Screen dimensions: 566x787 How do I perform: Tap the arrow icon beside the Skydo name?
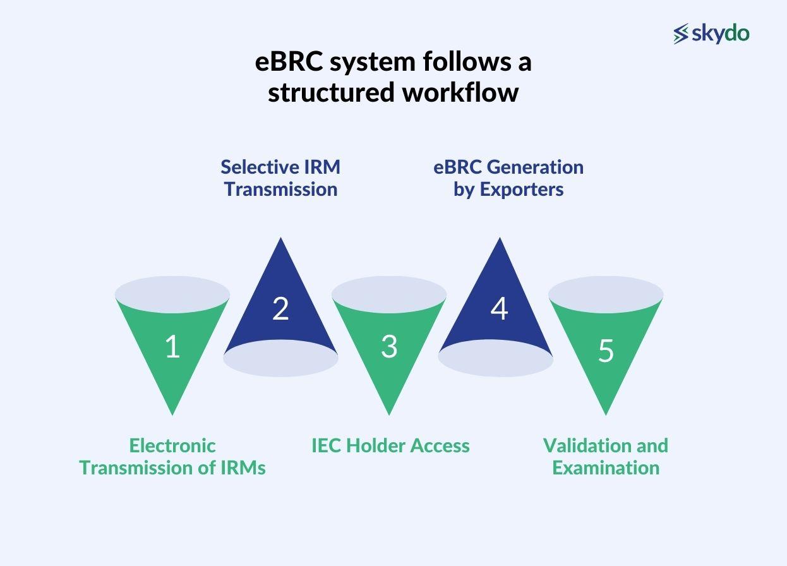681,34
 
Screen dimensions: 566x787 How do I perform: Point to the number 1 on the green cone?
172,347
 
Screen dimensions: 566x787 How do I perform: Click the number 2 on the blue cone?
280,309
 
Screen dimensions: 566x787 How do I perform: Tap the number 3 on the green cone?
389,347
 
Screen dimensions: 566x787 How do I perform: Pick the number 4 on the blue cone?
499,309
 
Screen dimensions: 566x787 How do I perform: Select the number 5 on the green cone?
605,351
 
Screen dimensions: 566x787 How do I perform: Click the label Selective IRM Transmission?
280,178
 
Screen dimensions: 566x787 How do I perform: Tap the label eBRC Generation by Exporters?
508,178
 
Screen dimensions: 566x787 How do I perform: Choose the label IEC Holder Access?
390,445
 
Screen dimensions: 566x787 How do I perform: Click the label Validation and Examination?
605,456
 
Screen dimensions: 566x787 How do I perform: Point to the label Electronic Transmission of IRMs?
172,456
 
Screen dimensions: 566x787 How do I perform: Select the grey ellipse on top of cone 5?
605,292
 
